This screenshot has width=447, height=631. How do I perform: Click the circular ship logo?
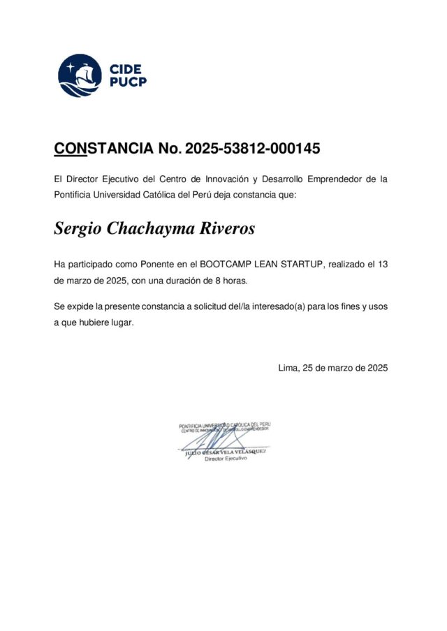tap(80, 75)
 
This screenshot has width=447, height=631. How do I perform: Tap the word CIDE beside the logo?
tap(126, 69)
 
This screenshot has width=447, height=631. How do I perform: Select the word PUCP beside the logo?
tap(128, 82)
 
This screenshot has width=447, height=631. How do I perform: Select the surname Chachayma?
tap(152, 229)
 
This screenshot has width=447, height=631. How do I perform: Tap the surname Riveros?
tap(228, 229)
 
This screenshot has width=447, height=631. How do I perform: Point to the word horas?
tap(234, 281)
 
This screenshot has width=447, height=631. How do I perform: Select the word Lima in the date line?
tap(287, 367)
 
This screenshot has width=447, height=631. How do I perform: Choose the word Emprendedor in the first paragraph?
tap(330, 179)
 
